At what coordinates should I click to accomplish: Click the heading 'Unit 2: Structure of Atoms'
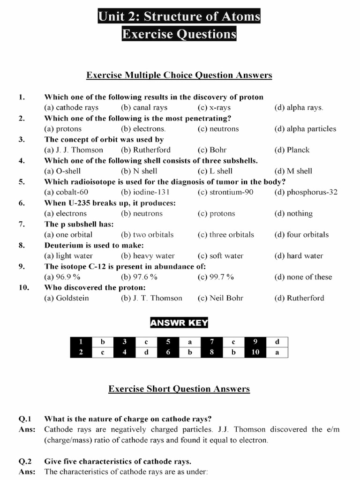179,17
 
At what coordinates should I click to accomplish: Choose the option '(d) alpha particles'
305,129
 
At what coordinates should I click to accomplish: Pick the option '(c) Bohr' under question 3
212,150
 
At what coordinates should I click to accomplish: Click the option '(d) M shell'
293,171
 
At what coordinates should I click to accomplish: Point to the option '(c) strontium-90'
222,192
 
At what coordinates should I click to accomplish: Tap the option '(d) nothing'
293,214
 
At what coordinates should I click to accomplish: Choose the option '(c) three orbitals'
225,235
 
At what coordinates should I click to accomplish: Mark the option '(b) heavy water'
148,256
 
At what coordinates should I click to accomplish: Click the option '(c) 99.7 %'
216,277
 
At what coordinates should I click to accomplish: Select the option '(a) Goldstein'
67,298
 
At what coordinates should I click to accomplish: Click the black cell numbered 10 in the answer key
255,352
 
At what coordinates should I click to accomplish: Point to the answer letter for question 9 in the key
277,342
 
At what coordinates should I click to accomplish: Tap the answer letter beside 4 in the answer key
146,352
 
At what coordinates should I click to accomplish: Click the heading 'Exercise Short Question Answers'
179,389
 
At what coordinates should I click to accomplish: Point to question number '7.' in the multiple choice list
22,224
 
